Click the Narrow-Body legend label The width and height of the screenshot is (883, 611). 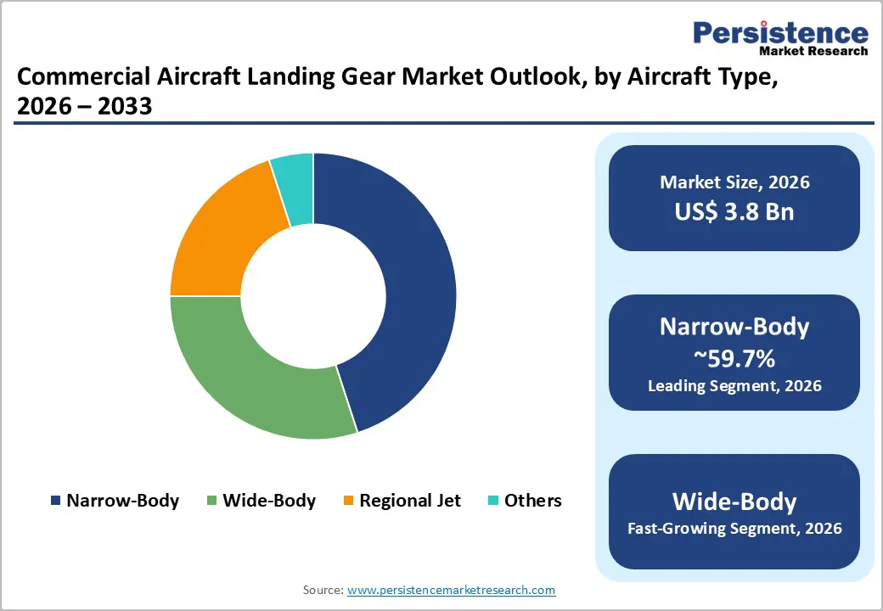coord(122,501)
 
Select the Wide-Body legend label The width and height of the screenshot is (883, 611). coord(269,501)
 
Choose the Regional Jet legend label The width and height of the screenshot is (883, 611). coord(410,501)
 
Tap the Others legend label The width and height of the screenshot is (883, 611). coord(532,501)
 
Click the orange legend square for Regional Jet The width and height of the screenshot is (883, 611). coord(348,501)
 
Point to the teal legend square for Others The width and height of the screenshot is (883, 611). coord(493,501)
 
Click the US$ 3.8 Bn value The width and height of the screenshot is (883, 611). coord(734,211)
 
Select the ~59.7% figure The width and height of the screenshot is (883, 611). coord(734,359)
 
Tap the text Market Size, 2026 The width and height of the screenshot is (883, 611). coord(734,182)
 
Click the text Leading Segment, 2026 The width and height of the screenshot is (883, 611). coord(734,386)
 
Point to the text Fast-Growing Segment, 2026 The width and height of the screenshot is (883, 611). coord(734,529)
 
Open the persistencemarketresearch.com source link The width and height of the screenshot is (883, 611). coord(451,590)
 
